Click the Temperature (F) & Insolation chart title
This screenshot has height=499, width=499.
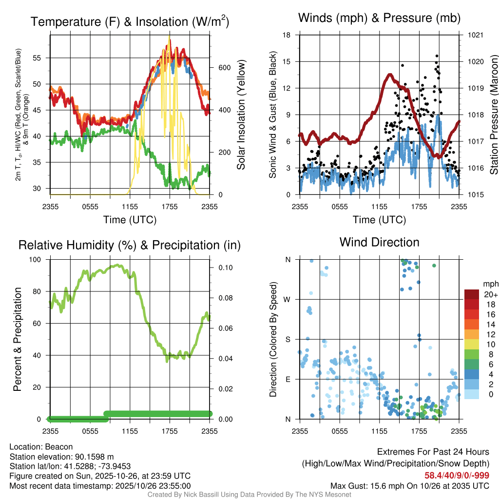[130, 22]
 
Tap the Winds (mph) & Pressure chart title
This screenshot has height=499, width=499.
[379, 18]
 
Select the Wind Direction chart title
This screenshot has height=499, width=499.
[379, 242]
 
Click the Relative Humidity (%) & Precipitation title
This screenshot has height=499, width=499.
[130, 245]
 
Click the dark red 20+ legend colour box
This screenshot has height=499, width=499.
[471, 294]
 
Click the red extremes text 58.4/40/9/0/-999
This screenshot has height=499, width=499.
[454, 475]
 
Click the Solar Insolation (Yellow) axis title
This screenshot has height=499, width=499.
[241, 115]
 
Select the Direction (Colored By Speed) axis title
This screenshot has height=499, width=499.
[273, 339]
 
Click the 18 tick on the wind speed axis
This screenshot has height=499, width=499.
[287, 35]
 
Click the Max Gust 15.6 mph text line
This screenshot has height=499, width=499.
[410, 485]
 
